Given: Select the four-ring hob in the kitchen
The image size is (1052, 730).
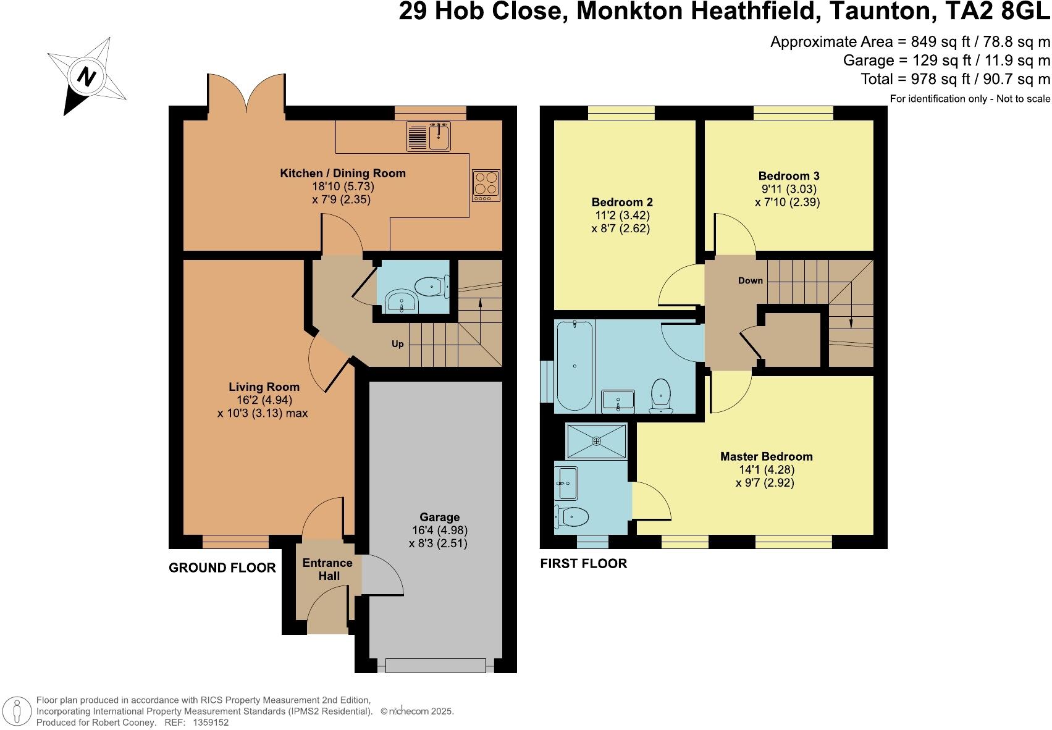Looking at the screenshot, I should click(486, 185).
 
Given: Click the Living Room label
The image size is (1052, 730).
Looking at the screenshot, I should click(264, 387).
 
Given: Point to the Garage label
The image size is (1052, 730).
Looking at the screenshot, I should click(439, 518).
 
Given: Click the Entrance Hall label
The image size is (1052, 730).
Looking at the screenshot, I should click(327, 569).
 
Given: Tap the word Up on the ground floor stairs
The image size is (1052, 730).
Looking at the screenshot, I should click(398, 344).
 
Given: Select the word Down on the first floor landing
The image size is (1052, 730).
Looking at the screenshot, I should click(751, 280).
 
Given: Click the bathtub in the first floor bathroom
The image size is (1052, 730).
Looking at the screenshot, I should click(574, 366).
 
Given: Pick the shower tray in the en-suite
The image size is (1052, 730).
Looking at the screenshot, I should click(596, 441).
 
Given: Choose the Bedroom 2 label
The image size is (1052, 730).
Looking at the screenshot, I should click(622, 203).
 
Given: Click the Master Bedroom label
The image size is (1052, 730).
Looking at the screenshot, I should click(766, 457).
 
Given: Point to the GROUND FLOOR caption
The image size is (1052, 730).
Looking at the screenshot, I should click(222, 568).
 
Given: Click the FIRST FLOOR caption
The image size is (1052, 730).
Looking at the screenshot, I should click(583, 564).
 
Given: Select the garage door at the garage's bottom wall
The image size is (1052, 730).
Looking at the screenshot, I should click(436, 666).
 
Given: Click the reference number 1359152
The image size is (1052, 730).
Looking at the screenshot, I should click(211, 722).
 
